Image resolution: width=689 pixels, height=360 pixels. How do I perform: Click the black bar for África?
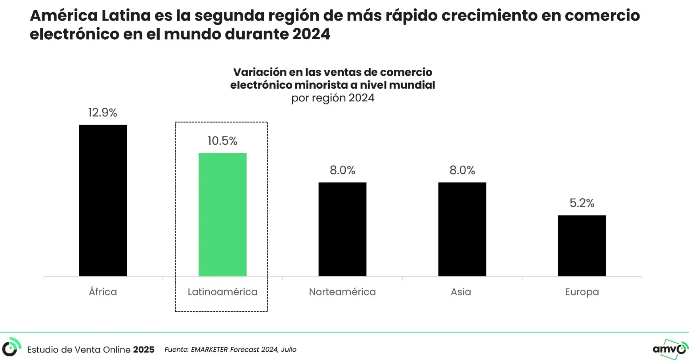tap(103, 200)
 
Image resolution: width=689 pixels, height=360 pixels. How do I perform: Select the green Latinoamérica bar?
tap(222, 214)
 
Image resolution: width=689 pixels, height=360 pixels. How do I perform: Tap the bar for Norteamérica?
tap(343, 229)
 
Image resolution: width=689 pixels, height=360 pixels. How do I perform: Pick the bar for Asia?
tap(462, 229)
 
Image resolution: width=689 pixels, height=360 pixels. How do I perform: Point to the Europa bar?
tap(582, 245)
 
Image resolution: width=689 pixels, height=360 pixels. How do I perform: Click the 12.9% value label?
tap(103, 113)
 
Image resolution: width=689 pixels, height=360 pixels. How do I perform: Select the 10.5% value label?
tap(222, 141)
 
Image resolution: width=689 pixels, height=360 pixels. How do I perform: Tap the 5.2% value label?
tap(582, 203)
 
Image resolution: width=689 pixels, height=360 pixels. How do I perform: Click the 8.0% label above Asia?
tap(462, 170)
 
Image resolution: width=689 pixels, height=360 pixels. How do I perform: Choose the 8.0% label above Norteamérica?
tap(343, 170)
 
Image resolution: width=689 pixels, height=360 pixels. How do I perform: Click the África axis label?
tap(103, 292)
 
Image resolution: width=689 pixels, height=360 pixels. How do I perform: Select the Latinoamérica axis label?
tap(222, 292)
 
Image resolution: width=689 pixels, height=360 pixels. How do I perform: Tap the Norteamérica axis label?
tap(343, 292)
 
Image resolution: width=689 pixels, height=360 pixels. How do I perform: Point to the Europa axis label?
tap(582, 292)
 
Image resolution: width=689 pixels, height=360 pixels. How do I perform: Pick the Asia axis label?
tap(461, 292)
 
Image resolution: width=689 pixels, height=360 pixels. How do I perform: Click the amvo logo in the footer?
tap(670, 349)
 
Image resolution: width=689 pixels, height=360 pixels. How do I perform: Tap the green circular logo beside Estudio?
tap(11, 347)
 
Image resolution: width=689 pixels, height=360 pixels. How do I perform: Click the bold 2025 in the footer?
tap(144, 350)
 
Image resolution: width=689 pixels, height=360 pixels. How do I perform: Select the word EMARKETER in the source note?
tap(209, 350)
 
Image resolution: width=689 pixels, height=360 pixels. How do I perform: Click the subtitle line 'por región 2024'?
tap(333, 98)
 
